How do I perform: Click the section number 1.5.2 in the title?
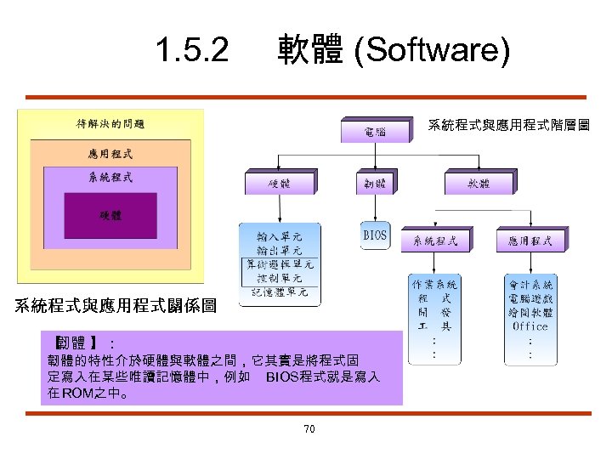click(192, 52)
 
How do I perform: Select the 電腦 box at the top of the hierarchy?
click(375, 132)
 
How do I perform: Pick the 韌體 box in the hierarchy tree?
click(375, 183)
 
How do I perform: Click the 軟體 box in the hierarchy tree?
click(478, 183)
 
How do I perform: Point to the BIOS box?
click(375, 235)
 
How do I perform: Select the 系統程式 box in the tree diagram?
click(435, 241)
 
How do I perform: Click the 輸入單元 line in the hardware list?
click(279, 235)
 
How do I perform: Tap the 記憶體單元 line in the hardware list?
click(279, 292)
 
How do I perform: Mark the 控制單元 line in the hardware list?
click(279, 278)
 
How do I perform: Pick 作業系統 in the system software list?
click(435, 284)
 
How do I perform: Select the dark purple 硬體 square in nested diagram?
click(110, 215)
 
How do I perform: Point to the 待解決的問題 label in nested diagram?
click(110, 124)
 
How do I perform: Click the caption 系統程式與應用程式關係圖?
click(115, 305)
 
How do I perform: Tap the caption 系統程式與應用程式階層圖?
click(508, 126)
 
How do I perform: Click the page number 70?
click(309, 429)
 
